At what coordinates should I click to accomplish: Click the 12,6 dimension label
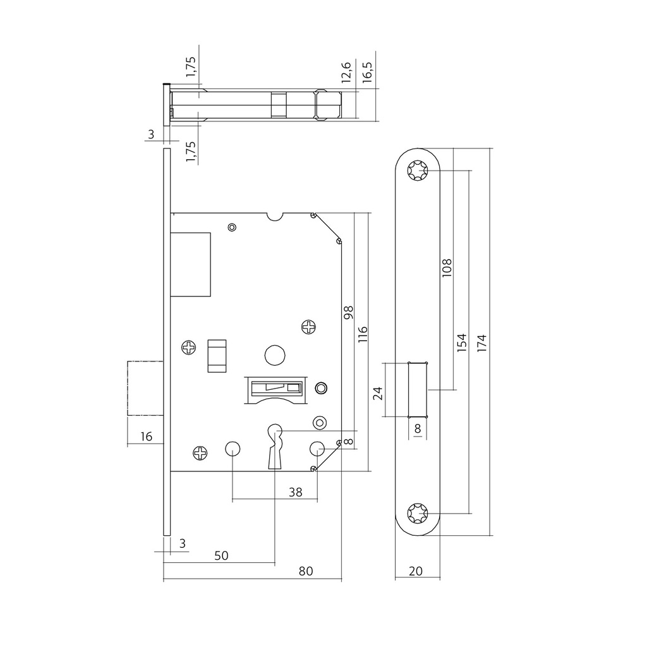[x=346, y=73]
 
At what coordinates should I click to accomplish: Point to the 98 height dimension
[x=348, y=313]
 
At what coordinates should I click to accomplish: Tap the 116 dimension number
[x=363, y=334]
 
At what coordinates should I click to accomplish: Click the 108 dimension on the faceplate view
[x=447, y=268]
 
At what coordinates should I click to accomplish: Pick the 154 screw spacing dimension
[x=462, y=342]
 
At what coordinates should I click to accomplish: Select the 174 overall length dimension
[x=482, y=343]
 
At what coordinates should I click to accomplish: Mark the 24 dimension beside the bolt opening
[x=378, y=394]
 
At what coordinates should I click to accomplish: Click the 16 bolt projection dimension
[x=146, y=436]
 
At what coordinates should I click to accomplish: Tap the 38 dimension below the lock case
[x=295, y=492]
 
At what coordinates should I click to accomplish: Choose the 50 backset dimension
[x=221, y=555]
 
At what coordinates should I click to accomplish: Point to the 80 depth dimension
[x=306, y=571]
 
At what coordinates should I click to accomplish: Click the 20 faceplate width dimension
[x=415, y=571]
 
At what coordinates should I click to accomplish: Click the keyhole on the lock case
[x=275, y=445]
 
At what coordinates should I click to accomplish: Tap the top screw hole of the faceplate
[x=417, y=171]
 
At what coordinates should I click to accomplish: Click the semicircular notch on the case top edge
[x=275, y=216]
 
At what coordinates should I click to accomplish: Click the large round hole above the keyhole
[x=274, y=355]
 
